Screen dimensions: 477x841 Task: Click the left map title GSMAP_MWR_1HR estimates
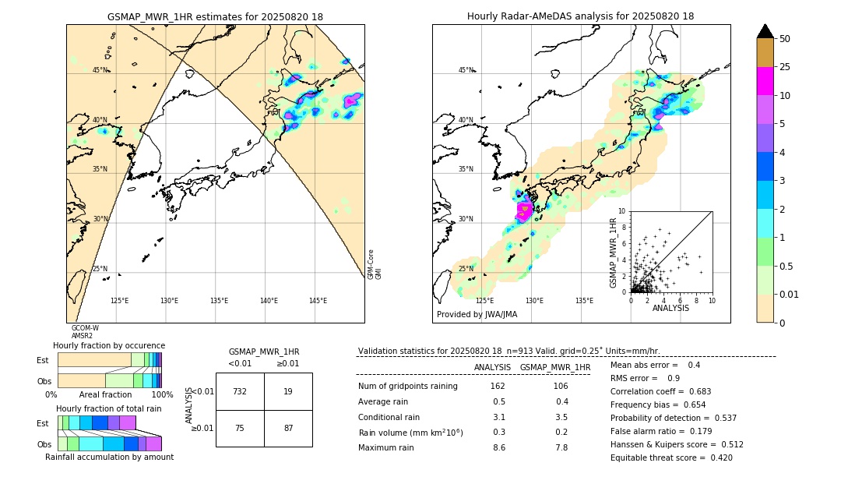pyautogui.click(x=215, y=16)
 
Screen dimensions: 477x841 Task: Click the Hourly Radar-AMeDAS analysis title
pyautogui.click(x=580, y=16)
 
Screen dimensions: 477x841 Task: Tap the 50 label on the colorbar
pyautogui.click(x=785, y=39)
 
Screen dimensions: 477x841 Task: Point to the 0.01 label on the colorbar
pyautogui.click(x=790, y=294)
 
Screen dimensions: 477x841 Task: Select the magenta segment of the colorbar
pyautogui.click(x=765, y=81)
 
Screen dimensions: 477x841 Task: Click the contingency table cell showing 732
pyautogui.click(x=240, y=391)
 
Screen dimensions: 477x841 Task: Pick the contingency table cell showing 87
pyautogui.click(x=288, y=429)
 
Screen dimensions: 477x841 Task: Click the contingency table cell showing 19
pyautogui.click(x=288, y=391)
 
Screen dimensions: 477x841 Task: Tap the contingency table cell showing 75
pyautogui.click(x=240, y=429)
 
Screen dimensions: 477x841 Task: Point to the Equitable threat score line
pyautogui.click(x=672, y=458)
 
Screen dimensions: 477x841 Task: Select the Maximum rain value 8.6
pyautogui.click(x=499, y=447)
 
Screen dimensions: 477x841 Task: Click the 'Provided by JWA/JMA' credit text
pyautogui.click(x=477, y=314)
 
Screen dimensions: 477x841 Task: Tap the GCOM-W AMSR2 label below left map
pyautogui.click(x=86, y=332)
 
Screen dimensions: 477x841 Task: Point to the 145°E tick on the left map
pyautogui.click(x=318, y=301)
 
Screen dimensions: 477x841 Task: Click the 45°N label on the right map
pyautogui.click(x=466, y=70)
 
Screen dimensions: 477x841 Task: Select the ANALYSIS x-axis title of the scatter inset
pyautogui.click(x=670, y=308)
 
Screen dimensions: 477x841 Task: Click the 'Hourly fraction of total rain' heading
pyautogui.click(x=109, y=408)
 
